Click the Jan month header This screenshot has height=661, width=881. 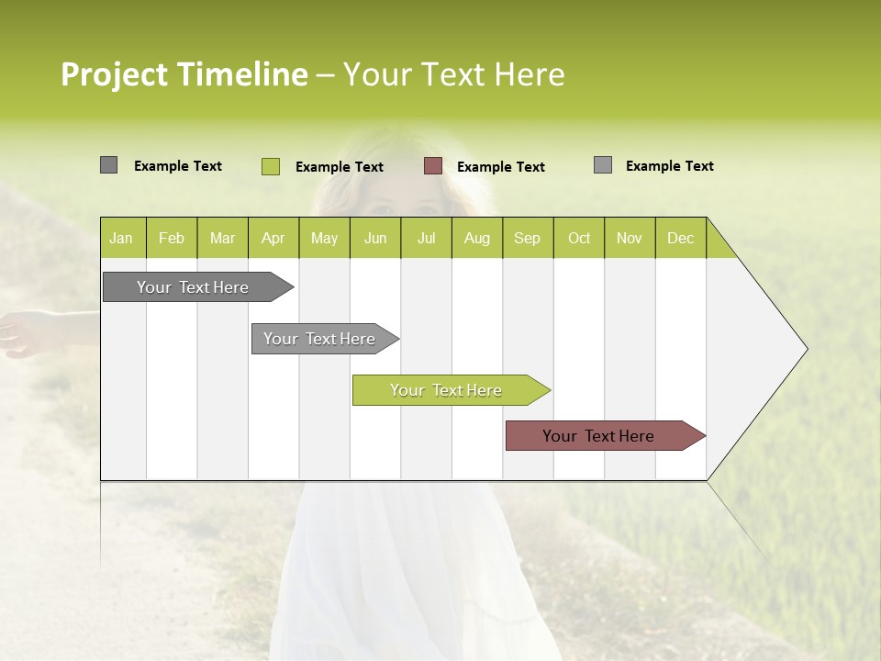click(x=121, y=238)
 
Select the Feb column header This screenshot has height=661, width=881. click(x=172, y=238)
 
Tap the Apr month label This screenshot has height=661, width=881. click(x=273, y=238)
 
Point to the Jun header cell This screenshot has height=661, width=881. click(x=375, y=238)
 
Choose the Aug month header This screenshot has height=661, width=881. click(x=476, y=238)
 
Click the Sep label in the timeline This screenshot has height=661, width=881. click(x=527, y=238)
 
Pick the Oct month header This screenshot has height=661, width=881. click(x=579, y=238)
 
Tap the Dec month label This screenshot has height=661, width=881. click(x=680, y=238)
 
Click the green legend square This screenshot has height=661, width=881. click(x=271, y=166)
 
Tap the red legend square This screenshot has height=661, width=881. click(x=433, y=166)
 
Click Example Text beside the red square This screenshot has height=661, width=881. click(x=501, y=167)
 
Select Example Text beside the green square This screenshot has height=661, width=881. click(x=340, y=167)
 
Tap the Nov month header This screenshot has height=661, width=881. click(x=630, y=238)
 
